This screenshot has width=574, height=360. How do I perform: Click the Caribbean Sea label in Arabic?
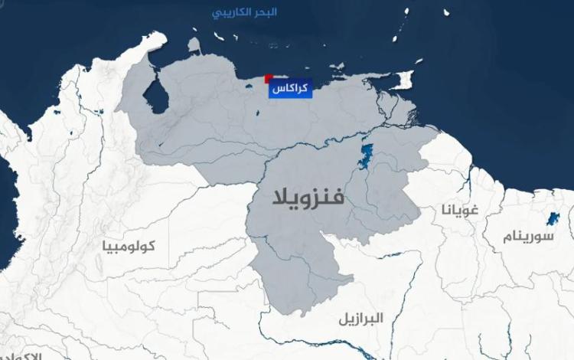click(244, 12)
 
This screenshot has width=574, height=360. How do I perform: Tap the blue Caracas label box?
click(290, 90)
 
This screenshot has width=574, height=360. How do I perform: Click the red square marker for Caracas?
click(268, 78)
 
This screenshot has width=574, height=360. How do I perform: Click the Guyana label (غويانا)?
click(459, 208)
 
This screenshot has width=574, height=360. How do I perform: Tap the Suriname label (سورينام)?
click(527, 235)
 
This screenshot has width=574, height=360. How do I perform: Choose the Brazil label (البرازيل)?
click(362, 317)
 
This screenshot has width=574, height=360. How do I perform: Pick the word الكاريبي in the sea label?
click(230, 12)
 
